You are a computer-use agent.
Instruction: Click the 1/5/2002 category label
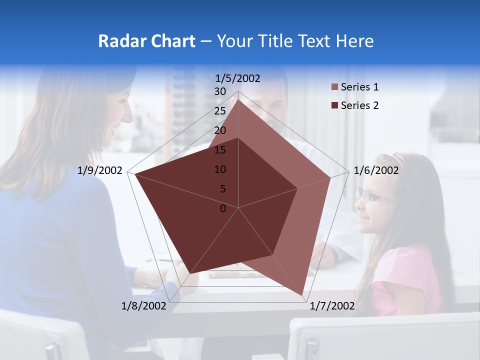[x=238, y=78]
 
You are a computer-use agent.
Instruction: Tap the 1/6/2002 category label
[x=376, y=170]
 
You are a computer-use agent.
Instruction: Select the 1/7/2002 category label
[x=332, y=306]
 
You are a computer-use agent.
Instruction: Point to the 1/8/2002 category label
[x=143, y=306]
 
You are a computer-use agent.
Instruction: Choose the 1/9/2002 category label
[x=100, y=170]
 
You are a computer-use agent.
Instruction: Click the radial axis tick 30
[x=220, y=91]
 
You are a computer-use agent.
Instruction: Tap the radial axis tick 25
[x=220, y=111]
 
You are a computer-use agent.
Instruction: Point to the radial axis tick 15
[x=220, y=150]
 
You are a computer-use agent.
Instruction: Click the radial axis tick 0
[x=223, y=208]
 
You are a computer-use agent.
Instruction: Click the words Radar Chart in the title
[x=146, y=41]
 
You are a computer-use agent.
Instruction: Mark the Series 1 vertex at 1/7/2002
[x=302, y=295]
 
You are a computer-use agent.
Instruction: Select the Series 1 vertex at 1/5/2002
[x=238, y=100]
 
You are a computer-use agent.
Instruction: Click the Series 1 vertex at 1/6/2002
[x=330, y=177]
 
